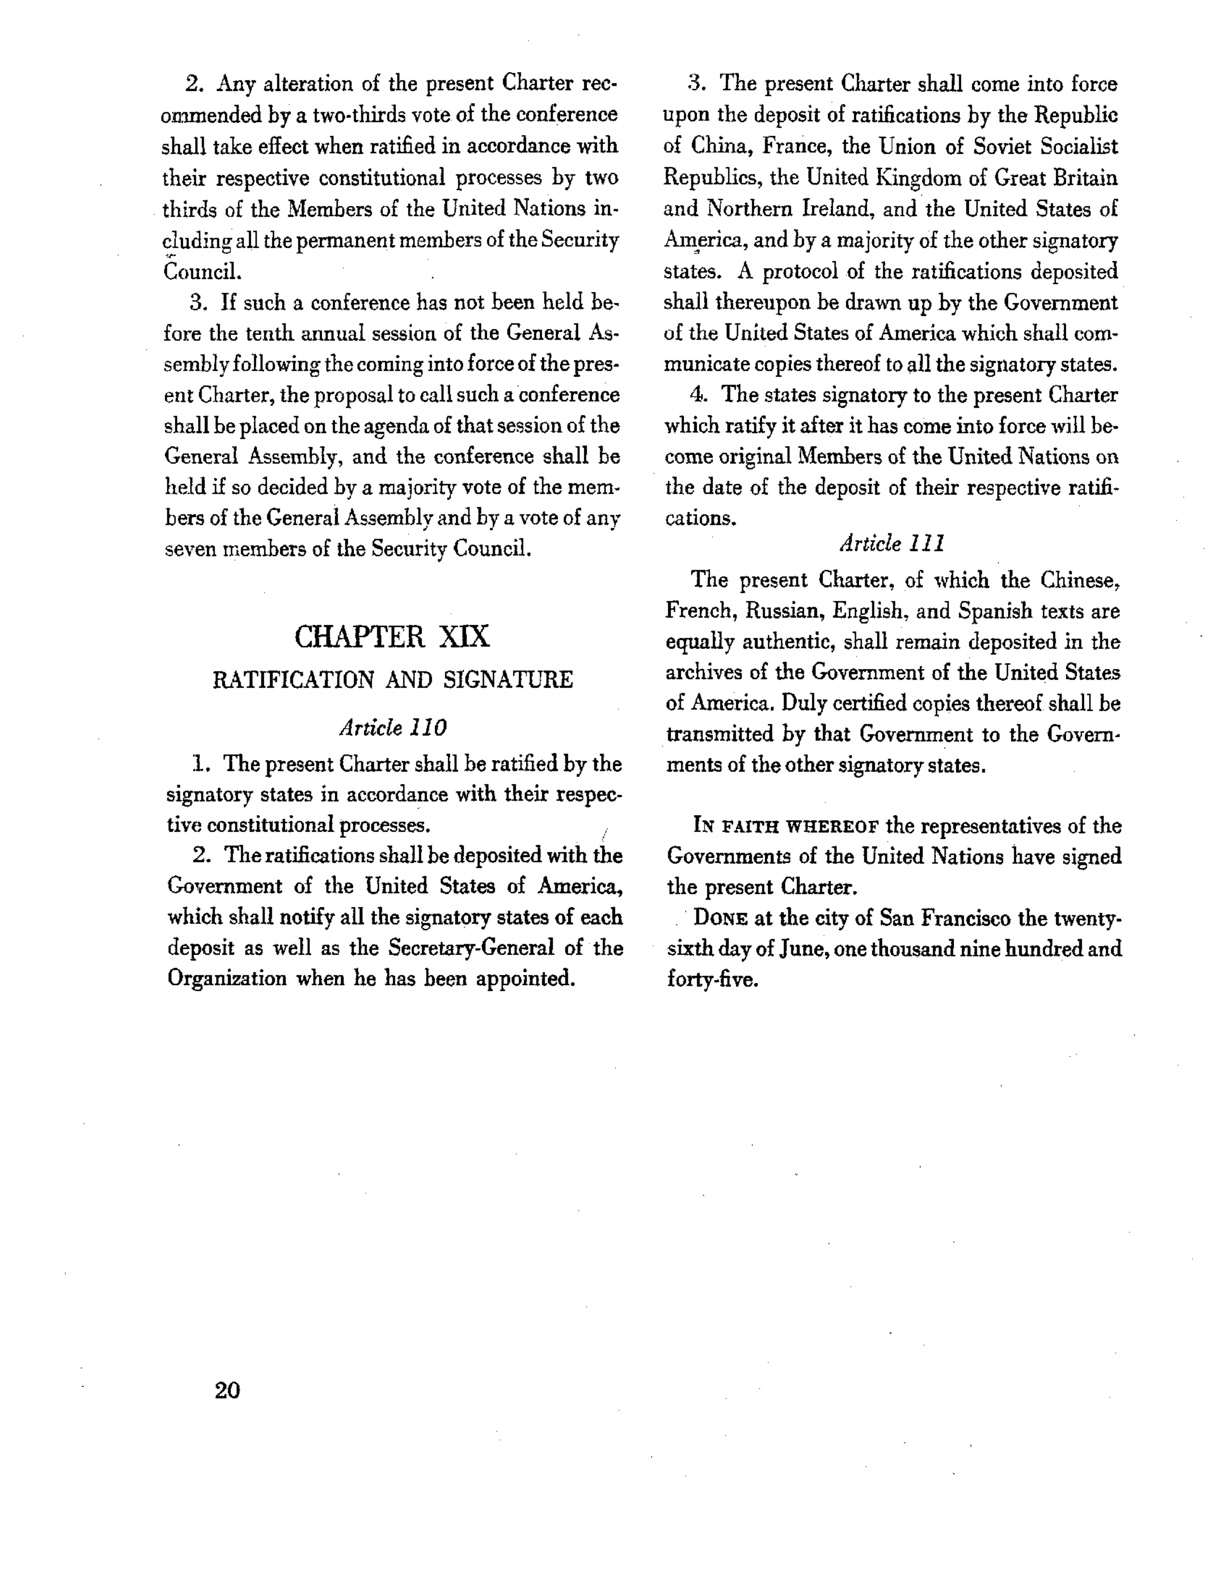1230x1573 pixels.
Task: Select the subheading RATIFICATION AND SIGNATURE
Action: click(x=393, y=680)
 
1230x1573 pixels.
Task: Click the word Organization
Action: click(x=227, y=979)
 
